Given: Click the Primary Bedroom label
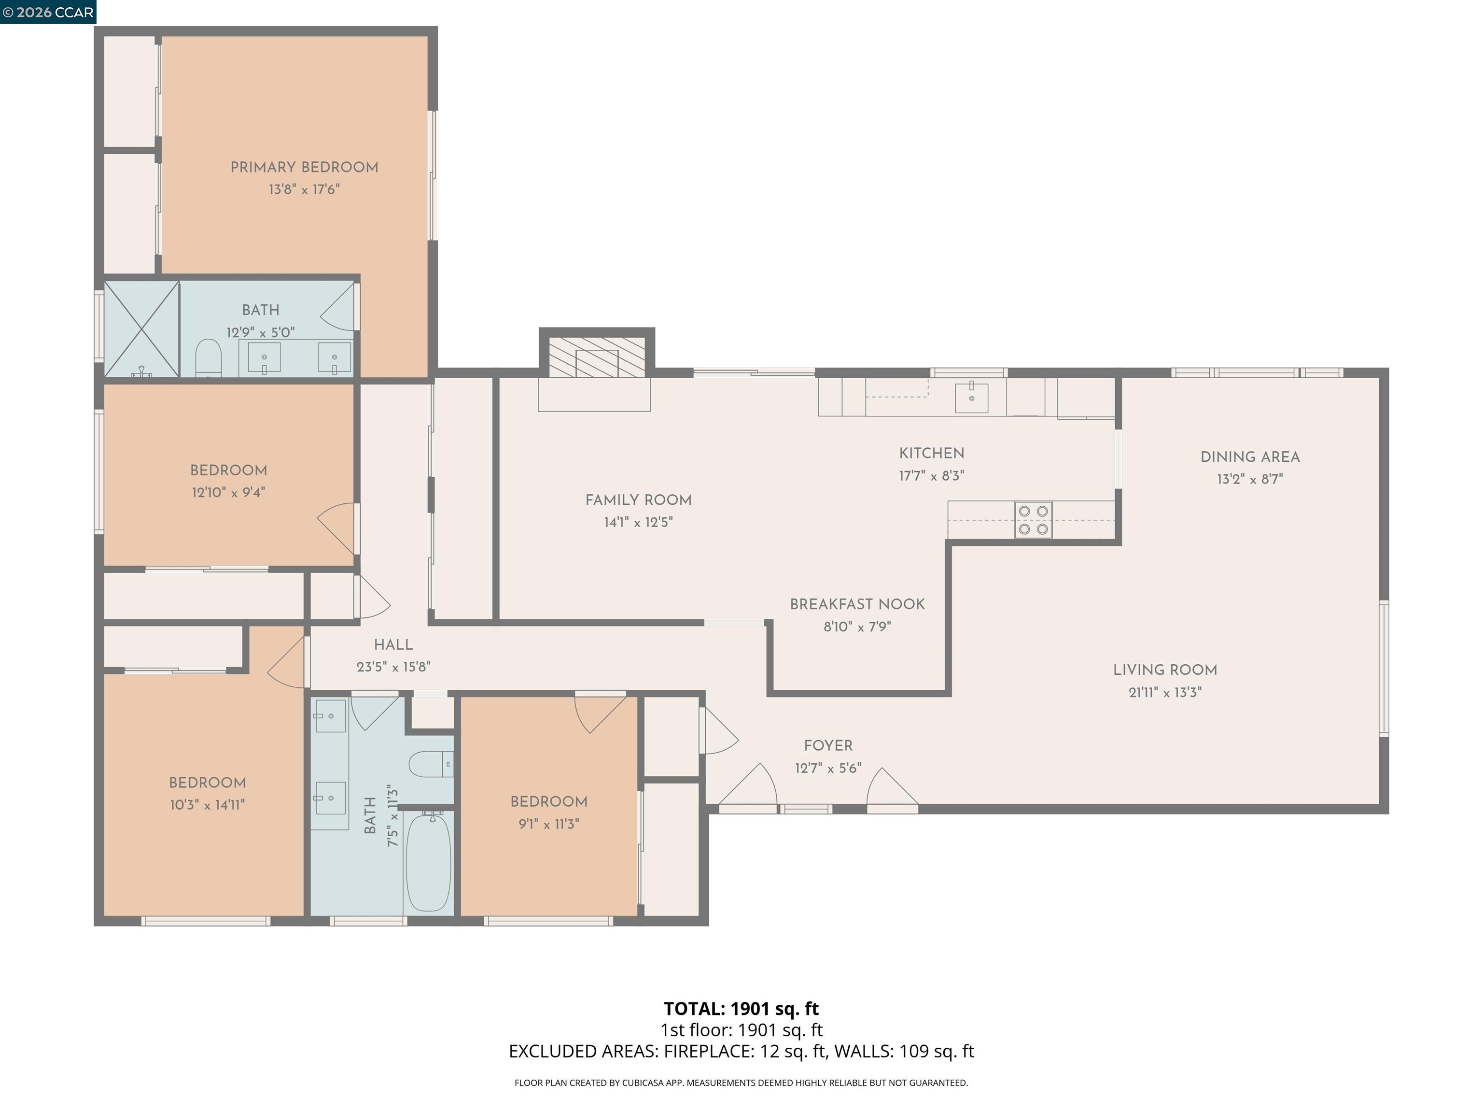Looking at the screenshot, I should (304, 168).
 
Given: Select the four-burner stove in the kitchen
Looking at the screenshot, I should (1033, 520).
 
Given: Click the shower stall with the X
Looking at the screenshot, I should (141, 329).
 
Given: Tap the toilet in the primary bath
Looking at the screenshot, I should (208, 358).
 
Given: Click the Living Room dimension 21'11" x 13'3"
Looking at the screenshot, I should (1164, 692).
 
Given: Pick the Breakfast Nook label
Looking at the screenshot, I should (857, 604).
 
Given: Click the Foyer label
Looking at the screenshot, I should (828, 745).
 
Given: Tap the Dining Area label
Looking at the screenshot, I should (1250, 457).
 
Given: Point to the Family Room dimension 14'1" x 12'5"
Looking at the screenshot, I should (638, 522).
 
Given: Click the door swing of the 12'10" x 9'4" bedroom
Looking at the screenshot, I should (336, 527).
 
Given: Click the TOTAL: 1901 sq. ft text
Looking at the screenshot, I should (741, 1008).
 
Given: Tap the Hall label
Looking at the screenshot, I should (393, 645).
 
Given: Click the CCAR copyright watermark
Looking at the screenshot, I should (48, 12).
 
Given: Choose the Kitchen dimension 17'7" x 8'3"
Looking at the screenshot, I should (931, 476).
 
